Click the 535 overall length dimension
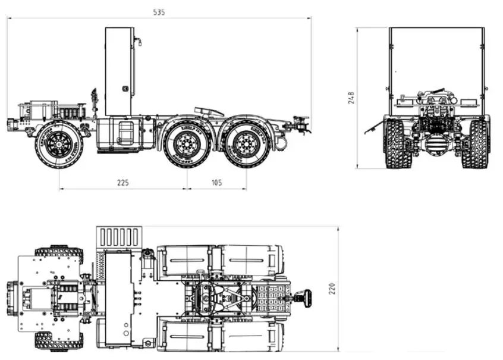click(159, 12)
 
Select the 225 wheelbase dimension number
click(123, 183)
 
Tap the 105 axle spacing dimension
click(216, 183)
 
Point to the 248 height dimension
click(351, 98)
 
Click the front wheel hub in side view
click(59, 143)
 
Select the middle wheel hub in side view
click(187, 143)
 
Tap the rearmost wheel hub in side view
click(244, 143)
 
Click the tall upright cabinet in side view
click(119, 71)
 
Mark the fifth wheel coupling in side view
click(209, 111)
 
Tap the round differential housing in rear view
click(436, 145)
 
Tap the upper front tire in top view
click(58, 251)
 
